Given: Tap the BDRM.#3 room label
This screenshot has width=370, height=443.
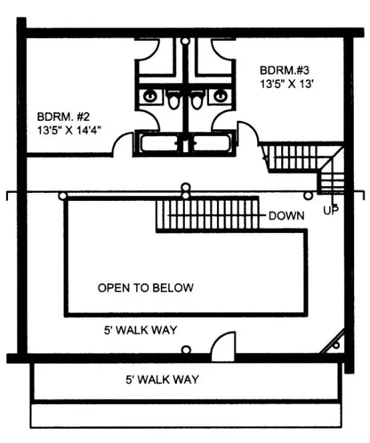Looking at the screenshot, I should (x=285, y=69).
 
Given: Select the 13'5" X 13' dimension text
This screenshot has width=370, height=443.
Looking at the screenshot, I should (x=287, y=84).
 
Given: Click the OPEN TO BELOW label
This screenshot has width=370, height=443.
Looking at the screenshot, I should (x=146, y=288).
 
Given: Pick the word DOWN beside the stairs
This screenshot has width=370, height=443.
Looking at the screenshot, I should (x=287, y=215).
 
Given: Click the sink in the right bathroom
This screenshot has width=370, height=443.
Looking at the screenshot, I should (x=217, y=95).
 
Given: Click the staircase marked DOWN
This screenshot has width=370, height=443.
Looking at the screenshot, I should (x=207, y=213).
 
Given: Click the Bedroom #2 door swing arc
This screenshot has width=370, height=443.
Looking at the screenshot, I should (x=123, y=143).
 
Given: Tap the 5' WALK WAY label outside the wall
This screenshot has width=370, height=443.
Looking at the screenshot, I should (x=162, y=380).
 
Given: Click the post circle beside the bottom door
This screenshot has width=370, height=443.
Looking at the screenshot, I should (x=186, y=348).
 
